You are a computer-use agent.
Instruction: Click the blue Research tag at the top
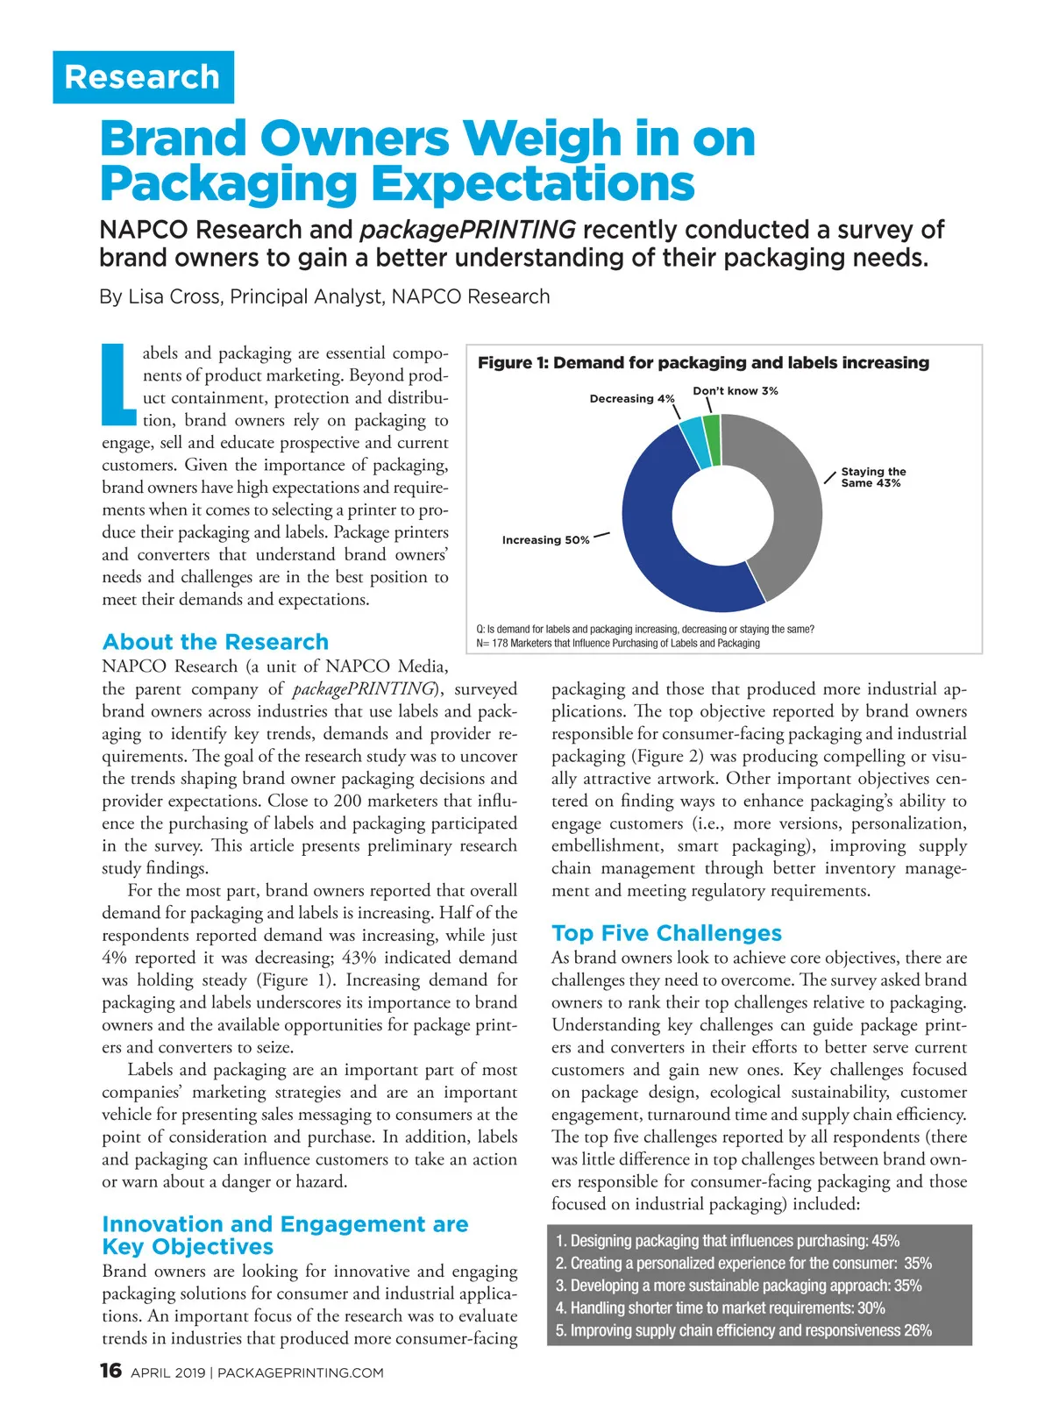(143, 77)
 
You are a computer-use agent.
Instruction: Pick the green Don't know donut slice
(712, 427)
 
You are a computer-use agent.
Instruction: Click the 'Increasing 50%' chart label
(545, 540)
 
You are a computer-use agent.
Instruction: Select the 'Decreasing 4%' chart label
(631, 399)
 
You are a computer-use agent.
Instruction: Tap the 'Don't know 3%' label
(735, 391)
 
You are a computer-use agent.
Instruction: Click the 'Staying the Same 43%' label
(872, 477)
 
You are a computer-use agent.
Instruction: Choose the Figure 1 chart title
(702, 363)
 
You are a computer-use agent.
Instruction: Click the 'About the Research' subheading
(216, 642)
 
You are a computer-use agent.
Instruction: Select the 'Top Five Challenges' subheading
(666, 933)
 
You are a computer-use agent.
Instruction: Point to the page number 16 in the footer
(110, 1371)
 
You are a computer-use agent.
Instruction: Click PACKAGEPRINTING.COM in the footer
(300, 1373)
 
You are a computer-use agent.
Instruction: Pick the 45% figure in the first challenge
(885, 1241)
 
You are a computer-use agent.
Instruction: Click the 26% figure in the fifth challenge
(918, 1330)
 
